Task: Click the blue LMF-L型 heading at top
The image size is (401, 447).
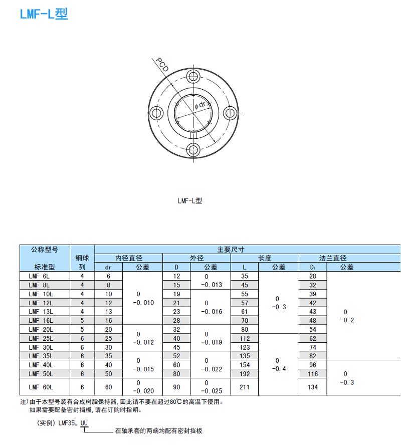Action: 44,14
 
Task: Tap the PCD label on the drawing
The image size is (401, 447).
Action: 162,65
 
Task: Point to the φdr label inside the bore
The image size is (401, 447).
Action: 200,105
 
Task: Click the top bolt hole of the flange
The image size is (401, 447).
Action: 193,77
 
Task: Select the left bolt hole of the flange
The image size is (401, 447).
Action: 156,113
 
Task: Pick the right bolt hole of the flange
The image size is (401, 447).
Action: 230,113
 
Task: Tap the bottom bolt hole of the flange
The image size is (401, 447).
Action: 193,150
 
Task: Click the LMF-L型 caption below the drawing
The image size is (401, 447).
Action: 189,200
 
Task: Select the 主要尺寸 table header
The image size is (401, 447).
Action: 231,250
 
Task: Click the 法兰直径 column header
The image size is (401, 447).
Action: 333,258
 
